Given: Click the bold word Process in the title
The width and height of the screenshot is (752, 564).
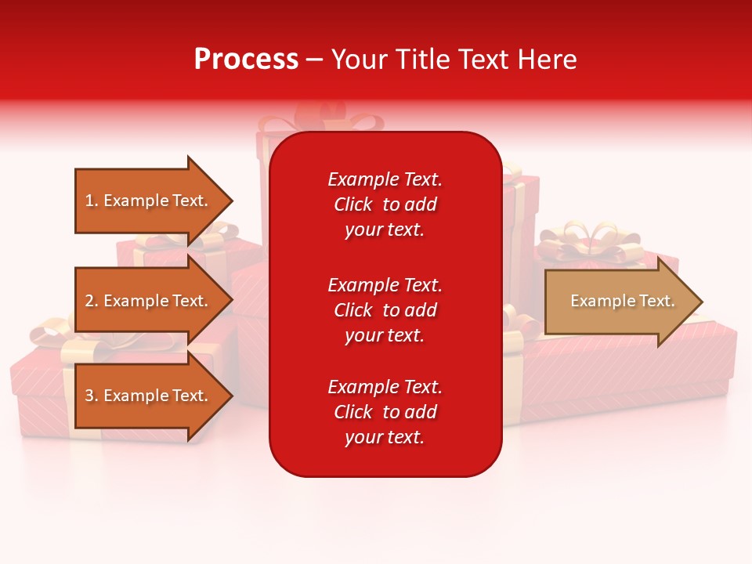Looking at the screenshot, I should click(x=246, y=60).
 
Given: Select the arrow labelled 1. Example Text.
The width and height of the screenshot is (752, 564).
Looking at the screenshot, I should click(x=149, y=201).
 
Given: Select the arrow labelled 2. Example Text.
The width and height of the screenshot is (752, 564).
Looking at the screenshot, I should click(x=149, y=301).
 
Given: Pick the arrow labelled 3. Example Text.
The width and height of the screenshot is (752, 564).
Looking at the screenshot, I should click(x=149, y=396).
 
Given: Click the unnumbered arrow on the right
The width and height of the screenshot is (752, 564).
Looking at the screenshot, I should click(x=619, y=302).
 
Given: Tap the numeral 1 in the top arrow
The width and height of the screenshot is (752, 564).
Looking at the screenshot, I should click(x=89, y=201).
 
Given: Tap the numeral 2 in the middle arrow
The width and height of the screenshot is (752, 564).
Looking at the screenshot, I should click(x=89, y=301).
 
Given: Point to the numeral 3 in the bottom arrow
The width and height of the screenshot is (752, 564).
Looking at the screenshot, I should click(x=89, y=396).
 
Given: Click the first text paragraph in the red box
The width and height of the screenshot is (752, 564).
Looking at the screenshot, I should click(x=385, y=204).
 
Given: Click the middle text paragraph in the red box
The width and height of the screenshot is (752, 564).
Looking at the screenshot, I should click(x=385, y=309).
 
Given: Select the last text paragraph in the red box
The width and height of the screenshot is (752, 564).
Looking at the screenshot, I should click(x=385, y=412).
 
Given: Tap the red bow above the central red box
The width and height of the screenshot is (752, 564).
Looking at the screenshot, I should click(x=321, y=119).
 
